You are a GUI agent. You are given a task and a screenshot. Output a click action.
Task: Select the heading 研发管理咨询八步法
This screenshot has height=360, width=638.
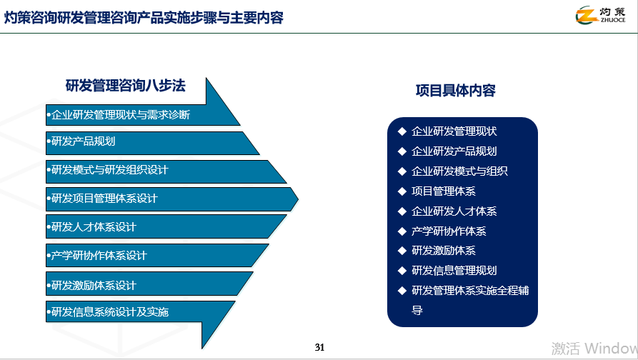[126, 86]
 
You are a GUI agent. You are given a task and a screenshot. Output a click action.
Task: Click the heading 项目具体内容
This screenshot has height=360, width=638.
[456, 91]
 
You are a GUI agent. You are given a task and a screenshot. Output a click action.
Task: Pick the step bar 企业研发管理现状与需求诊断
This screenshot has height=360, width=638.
[121, 114]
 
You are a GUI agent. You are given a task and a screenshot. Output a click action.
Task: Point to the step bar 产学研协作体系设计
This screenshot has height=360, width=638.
[100, 256]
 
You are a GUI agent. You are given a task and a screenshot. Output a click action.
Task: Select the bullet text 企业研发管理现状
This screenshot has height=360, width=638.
[454, 131]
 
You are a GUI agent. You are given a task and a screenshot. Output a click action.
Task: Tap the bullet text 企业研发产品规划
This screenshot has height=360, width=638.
[454, 151]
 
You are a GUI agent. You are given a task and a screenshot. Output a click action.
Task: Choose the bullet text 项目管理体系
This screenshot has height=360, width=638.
[444, 191]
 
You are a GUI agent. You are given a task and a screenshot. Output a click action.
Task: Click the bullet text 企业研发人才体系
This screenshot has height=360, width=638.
[454, 211]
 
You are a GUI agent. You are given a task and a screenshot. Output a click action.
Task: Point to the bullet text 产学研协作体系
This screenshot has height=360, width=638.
[449, 231]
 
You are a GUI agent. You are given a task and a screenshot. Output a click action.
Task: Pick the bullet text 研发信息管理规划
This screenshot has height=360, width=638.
[454, 271]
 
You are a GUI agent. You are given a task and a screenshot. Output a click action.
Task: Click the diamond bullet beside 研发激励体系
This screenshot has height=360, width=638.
[402, 251]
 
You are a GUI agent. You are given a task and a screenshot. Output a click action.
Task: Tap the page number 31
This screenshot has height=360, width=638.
[319, 348]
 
